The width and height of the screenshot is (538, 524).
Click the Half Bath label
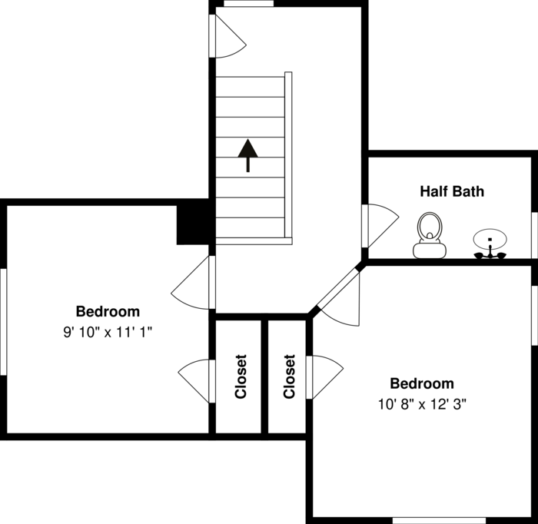click(452, 191)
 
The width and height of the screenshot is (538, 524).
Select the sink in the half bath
click(489, 244)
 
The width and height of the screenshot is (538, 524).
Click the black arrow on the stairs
click(247, 154)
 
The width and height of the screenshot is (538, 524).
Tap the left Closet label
click(241, 376)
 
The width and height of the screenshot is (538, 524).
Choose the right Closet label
click(289, 376)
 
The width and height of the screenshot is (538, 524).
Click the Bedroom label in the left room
click(108, 311)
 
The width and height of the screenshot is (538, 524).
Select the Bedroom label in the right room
click(422, 383)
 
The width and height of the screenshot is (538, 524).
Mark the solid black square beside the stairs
click(194, 222)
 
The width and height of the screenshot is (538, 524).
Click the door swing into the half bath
click(380, 224)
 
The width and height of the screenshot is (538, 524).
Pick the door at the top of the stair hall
click(227, 36)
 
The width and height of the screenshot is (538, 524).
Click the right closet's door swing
click(324, 376)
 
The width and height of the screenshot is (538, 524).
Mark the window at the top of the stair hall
click(248, 4)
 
